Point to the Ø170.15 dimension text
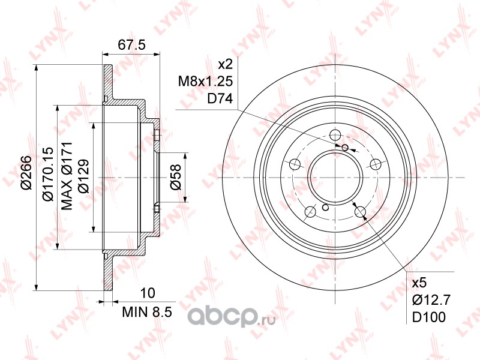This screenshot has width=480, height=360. pos(49,173)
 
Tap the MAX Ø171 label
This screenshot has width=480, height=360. pos(67,176)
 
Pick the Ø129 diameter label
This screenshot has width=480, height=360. pos(83,176)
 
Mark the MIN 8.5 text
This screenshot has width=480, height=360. pos(147,311)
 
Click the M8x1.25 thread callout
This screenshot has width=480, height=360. pos(206,82)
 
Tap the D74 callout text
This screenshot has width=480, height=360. pos(220,98)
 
